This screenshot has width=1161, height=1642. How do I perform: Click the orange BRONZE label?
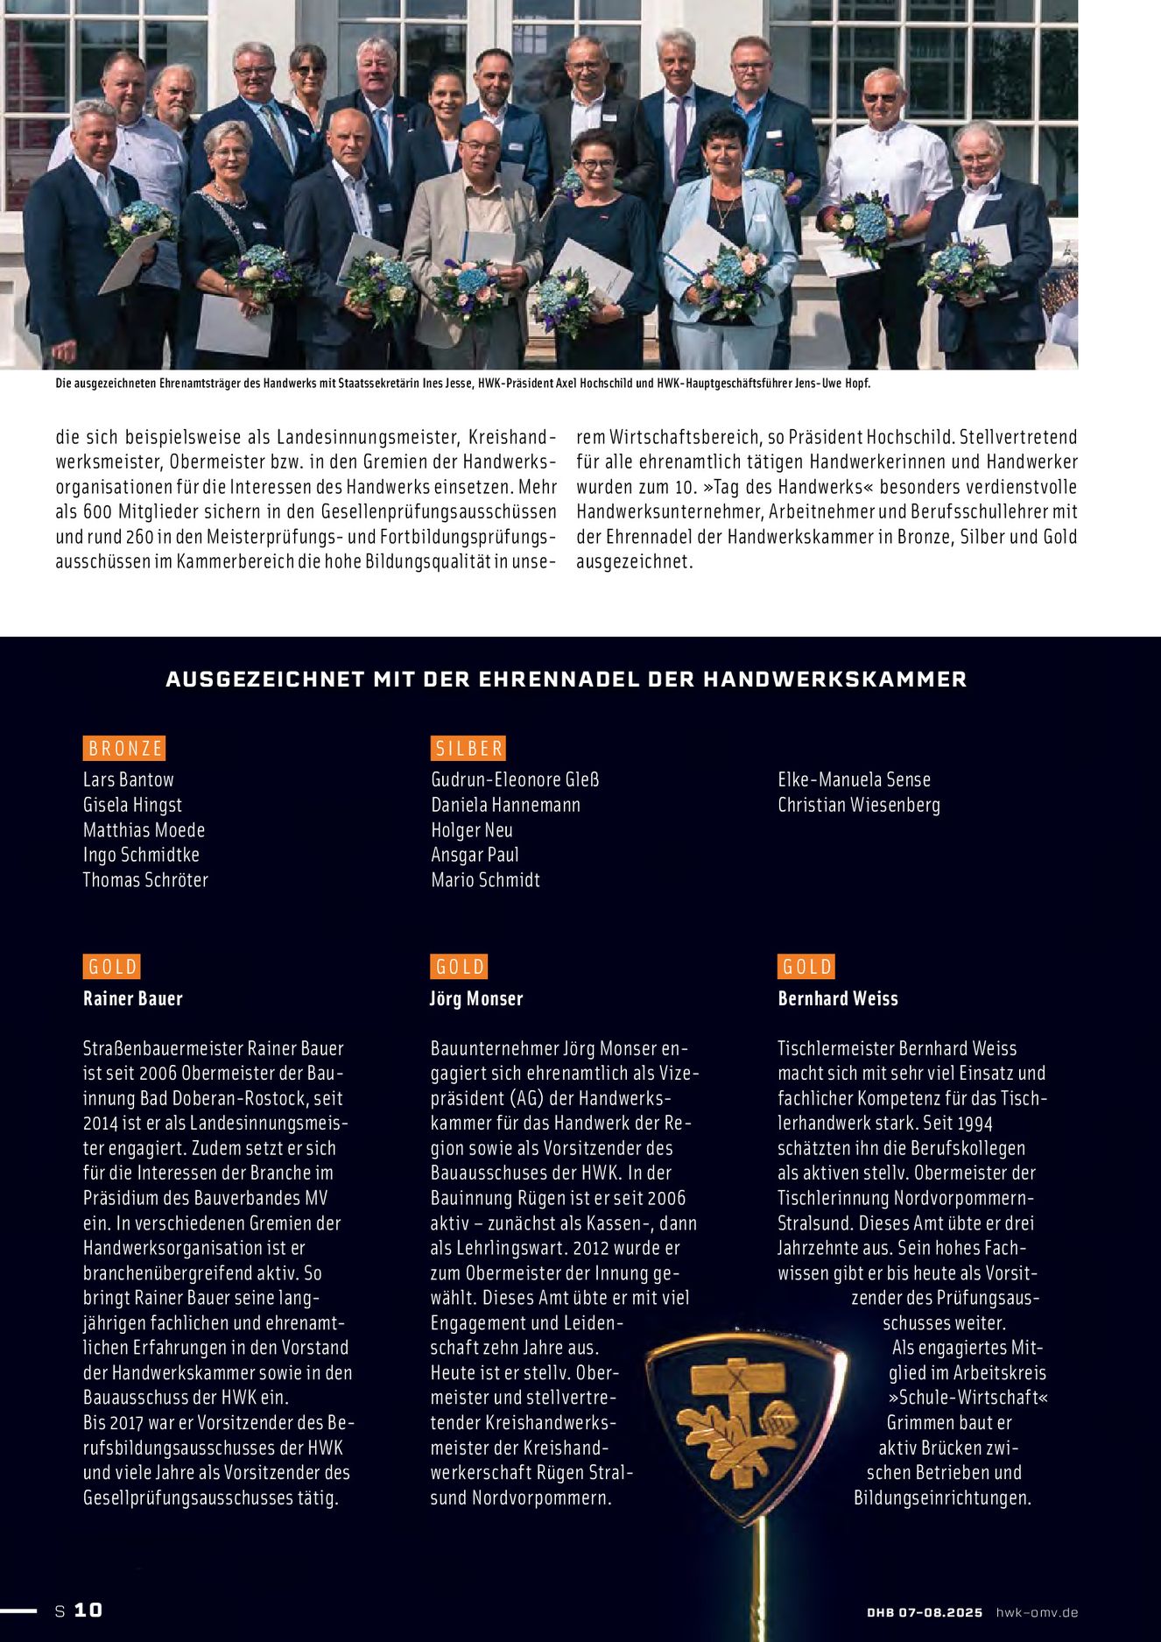pos(125,749)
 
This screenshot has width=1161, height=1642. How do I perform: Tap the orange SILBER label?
pos(468,749)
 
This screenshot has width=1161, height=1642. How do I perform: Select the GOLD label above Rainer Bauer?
pos(113,967)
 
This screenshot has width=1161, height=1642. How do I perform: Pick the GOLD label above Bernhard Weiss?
pos(806,967)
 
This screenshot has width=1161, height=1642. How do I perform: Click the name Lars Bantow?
pos(129,779)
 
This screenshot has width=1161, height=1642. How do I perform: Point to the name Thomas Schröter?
pos(145,880)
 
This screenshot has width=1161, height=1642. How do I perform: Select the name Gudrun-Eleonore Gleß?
pos(515,779)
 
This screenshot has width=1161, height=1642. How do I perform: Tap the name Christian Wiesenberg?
pos(858,805)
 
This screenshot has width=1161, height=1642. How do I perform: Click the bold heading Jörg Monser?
pos(475,998)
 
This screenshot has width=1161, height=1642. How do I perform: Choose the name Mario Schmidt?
pos(485,880)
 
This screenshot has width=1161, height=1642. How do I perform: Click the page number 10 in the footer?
pos(88,1610)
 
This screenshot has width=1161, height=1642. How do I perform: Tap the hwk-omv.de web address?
pos(1037,1612)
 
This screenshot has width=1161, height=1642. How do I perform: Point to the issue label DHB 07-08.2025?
pos(925,1612)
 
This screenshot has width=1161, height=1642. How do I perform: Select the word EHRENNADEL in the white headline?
pos(559,680)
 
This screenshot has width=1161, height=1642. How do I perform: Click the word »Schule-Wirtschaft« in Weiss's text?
pos(968,1398)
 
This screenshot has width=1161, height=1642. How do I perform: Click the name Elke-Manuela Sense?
pos(854,779)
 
